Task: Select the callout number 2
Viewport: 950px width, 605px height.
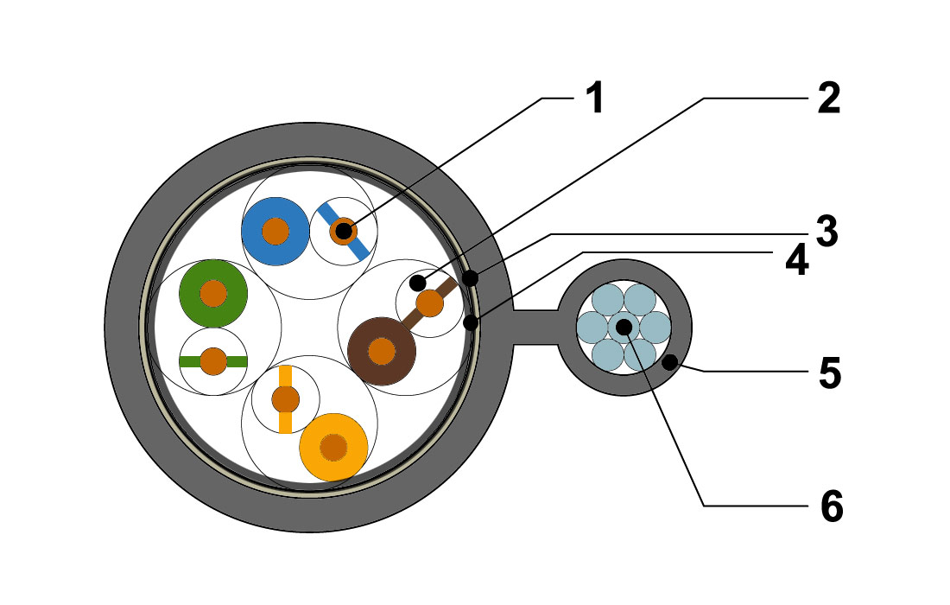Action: pos(829,99)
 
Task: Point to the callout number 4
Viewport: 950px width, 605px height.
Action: pos(797,261)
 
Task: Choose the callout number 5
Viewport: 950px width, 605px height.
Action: pos(830,373)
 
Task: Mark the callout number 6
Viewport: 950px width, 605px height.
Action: pos(832,506)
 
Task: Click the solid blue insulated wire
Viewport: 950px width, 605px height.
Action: pos(275,231)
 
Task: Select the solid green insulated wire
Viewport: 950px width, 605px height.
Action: pos(213,293)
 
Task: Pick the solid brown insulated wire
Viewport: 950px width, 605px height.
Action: pos(382,351)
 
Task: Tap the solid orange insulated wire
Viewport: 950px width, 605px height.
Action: pos(333,448)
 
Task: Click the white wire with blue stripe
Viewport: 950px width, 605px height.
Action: pos(344,231)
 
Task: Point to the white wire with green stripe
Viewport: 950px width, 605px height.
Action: pos(213,361)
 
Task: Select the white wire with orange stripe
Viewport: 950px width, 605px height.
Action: pos(285,399)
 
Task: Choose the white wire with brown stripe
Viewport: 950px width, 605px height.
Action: pos(429,303)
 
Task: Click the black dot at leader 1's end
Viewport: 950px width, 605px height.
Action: pos(344,231)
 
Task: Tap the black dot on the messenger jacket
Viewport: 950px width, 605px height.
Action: pos(669,363)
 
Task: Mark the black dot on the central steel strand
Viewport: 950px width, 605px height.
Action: pos(624,328)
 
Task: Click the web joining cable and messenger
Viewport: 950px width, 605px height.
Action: pos(535,328)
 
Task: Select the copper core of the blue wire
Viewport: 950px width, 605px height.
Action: pos(275,231)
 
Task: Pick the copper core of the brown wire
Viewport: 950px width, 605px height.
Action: pos(382,351)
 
